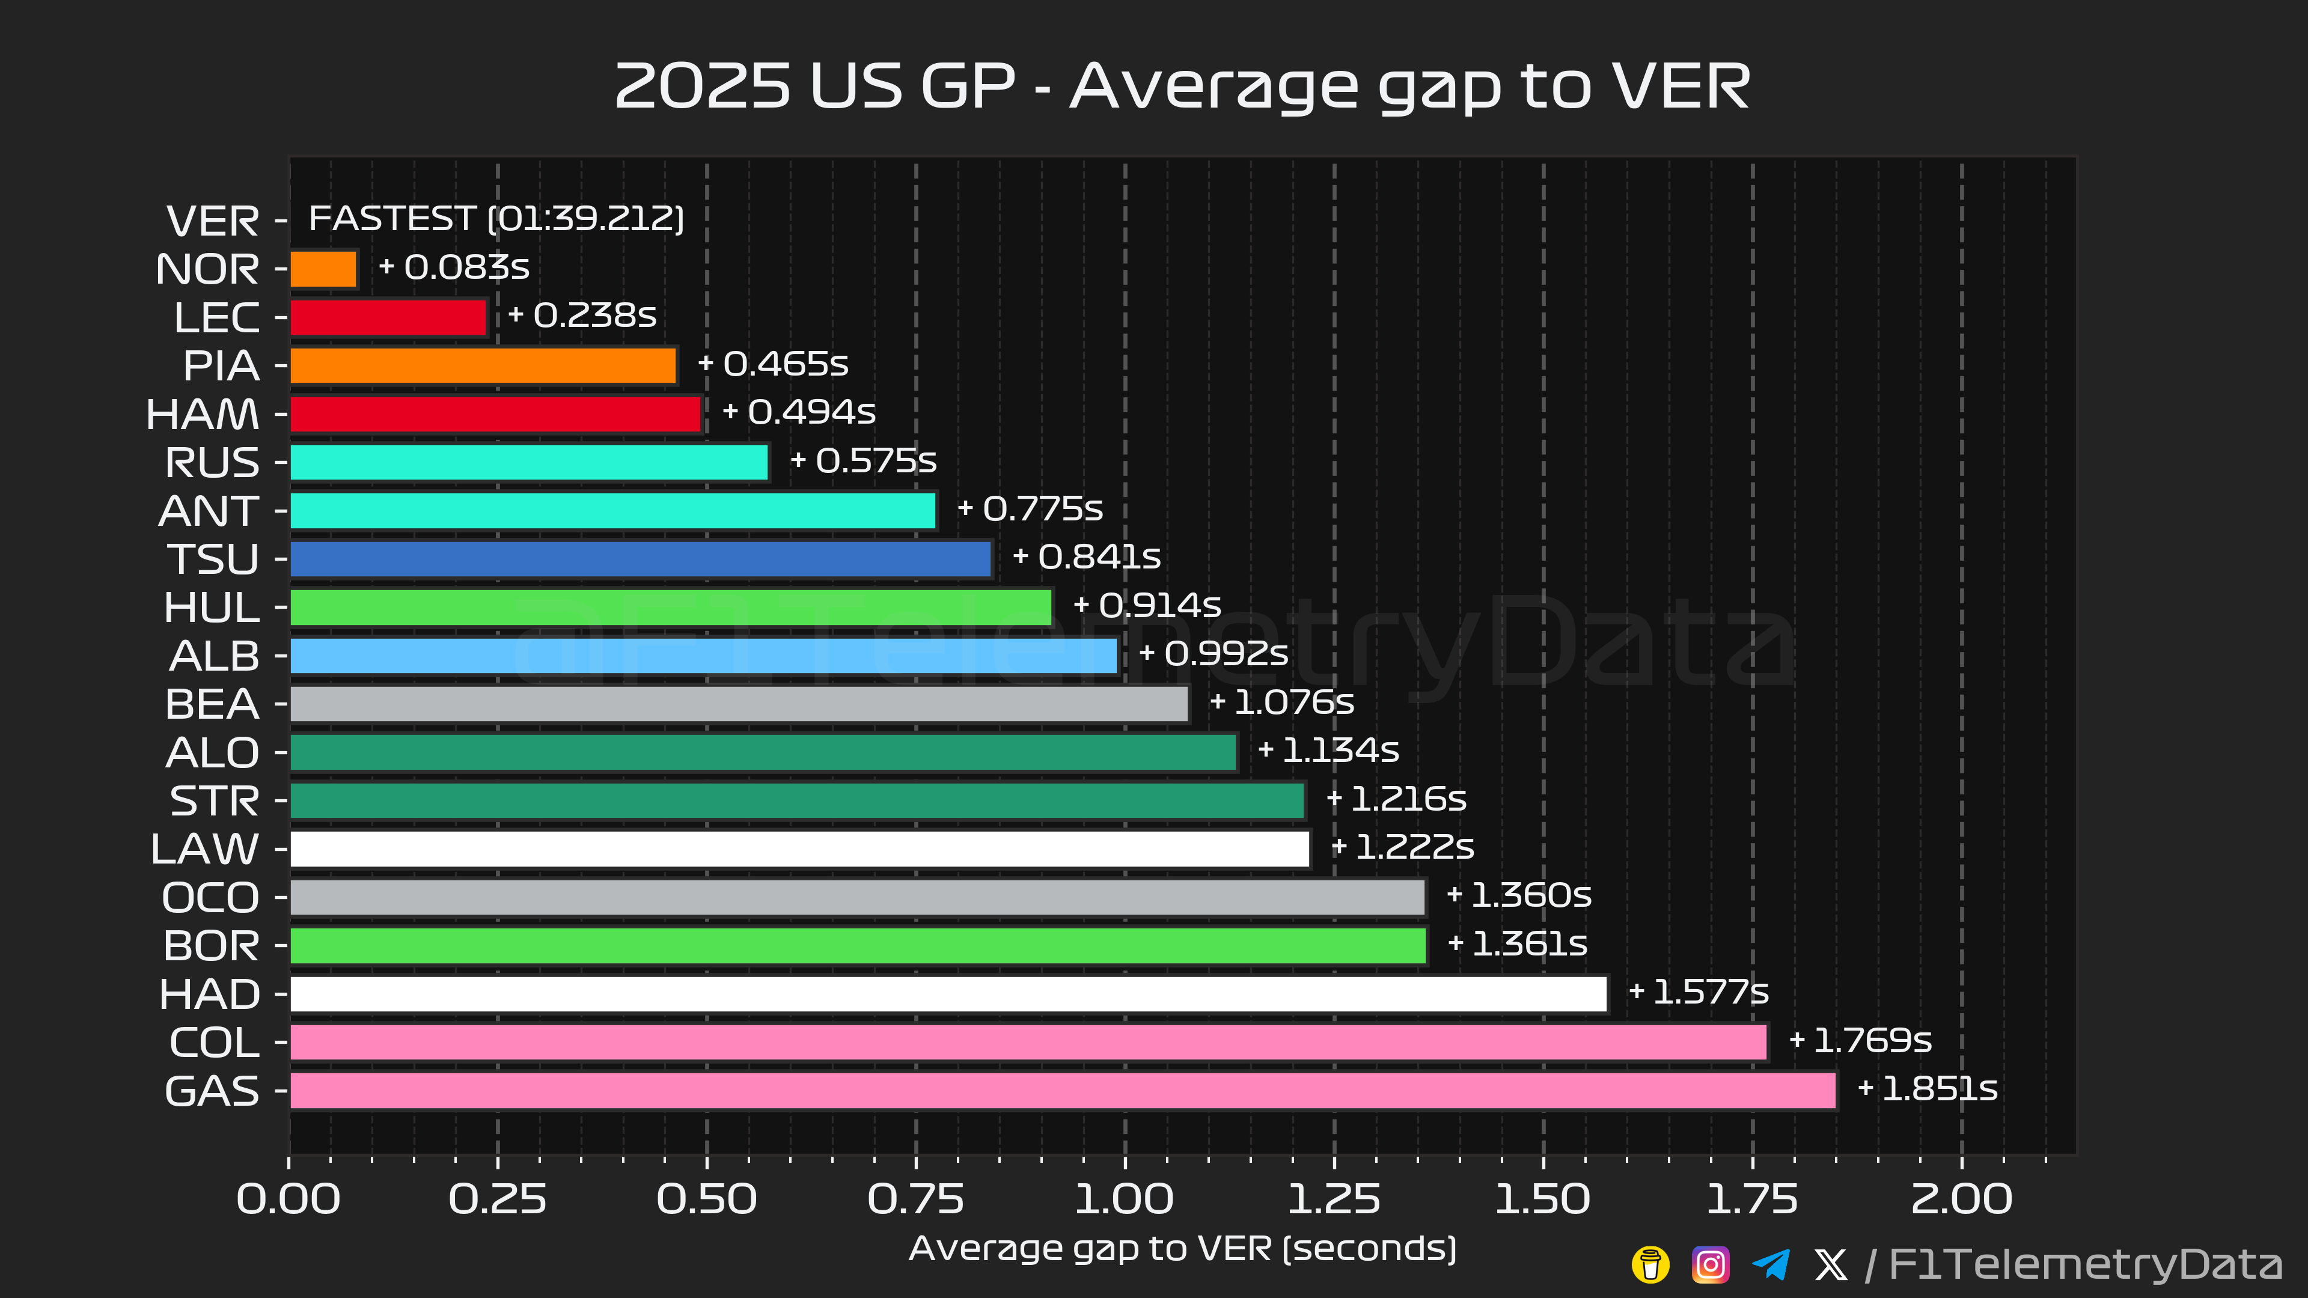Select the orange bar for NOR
point(323,269)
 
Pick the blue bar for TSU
point(641,559)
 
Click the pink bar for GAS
point(1063,1090)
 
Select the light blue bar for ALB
point(703,656)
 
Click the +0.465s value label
point(773,364)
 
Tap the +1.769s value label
point(1860,1041)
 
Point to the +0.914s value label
point(1148,606)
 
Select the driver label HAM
point(203,414)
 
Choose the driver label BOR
point(212,946)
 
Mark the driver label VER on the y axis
point(213,221)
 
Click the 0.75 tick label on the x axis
point(915,1199)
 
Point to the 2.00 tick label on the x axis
point(1961,1199)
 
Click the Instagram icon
point(1709,1265)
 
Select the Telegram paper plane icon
point(1771,1265)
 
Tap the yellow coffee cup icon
point(1650,1265)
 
